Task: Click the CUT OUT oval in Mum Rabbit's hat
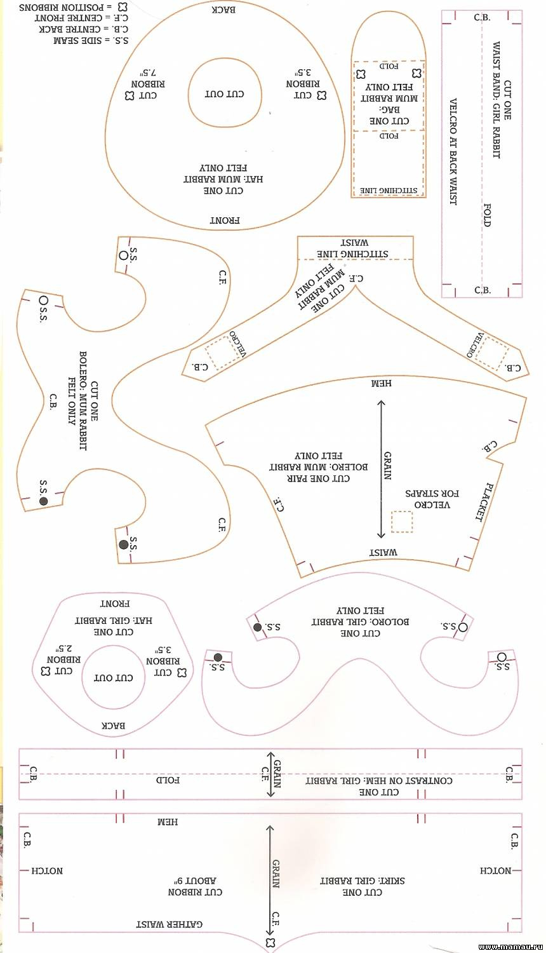point(225,93)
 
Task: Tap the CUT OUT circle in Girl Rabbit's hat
point(114,677)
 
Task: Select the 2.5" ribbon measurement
point(64,649)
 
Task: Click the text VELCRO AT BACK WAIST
point(453,151)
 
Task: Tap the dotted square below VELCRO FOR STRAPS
point(402,521)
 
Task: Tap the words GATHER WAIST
point(169,924)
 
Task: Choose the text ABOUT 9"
point(196,881)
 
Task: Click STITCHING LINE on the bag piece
point(389,190)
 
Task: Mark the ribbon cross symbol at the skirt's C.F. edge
point(271,942)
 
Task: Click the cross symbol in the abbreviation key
point(123,6)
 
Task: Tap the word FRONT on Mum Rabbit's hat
point(225,220)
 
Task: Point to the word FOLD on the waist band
point(487,215)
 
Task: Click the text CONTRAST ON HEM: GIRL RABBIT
point(379,780)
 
